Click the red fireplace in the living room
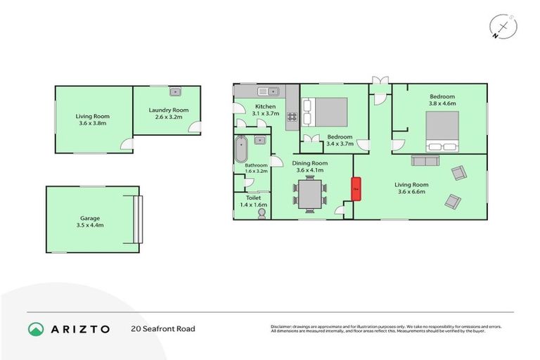click(356, 189)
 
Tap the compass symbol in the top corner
click(503, 27)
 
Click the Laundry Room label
click(168, 110)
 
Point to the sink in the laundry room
click(175, 91)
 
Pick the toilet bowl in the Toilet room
click(262, 212)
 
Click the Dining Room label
click(310, 162)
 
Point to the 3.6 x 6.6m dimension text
click(413, 191)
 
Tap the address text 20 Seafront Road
click(162, 328)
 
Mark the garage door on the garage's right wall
click(137, 219)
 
